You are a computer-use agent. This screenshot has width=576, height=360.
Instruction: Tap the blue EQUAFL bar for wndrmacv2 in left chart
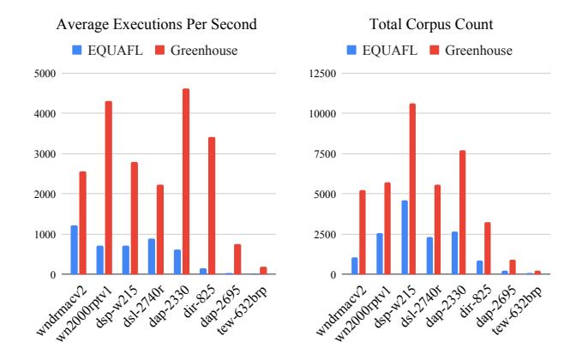75,250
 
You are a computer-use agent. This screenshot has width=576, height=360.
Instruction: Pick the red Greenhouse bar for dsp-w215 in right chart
412,189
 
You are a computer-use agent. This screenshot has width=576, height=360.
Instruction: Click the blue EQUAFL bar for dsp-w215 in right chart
404,237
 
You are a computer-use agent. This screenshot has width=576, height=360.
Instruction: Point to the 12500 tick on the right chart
321,73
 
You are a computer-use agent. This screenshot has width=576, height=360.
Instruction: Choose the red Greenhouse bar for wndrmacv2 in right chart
363,232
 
